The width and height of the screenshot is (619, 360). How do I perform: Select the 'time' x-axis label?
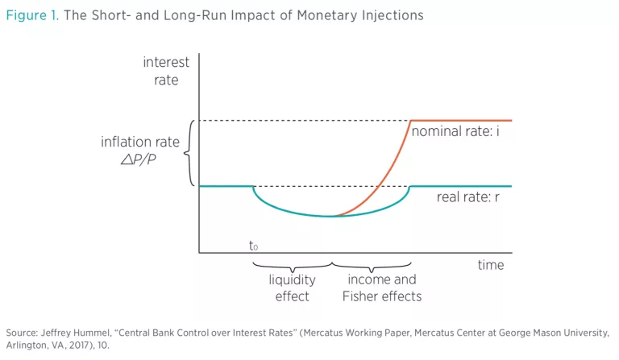click(490, 265)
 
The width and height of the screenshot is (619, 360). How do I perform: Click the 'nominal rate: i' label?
click(455, 130)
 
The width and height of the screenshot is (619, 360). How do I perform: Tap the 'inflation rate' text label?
click(141, 142)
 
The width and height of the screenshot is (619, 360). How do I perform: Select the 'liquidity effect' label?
click(292, 288)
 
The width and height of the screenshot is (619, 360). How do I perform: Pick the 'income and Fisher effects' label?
click(381, 288)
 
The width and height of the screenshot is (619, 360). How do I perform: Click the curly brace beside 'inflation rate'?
click(189, 153)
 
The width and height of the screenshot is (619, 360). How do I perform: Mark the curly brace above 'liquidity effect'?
click(292, 265)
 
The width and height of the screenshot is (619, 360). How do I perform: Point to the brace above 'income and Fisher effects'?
click(372, 265)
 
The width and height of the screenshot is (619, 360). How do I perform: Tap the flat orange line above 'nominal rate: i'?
click(460, 120)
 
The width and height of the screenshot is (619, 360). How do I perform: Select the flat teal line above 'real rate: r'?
click(460, 186)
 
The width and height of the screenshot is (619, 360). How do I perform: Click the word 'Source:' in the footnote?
click(21, 333)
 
